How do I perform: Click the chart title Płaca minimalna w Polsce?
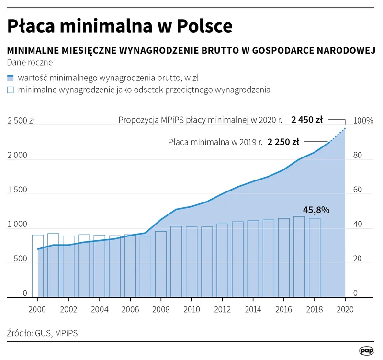point(120,26)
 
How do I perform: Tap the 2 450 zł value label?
point(307,120)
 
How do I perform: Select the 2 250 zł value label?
point(283,142)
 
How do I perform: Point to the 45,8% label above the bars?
point(316,210)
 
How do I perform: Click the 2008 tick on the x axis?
point(161,309)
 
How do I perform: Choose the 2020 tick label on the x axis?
point(345,309)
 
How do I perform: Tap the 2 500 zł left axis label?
point(21,121)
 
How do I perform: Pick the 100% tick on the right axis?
point(363,121)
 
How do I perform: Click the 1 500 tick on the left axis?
point(17,190)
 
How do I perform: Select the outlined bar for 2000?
point(38,266)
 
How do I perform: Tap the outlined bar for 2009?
point(176,261)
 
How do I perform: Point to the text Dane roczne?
point(30,62)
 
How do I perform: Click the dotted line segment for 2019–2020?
point(338,135)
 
